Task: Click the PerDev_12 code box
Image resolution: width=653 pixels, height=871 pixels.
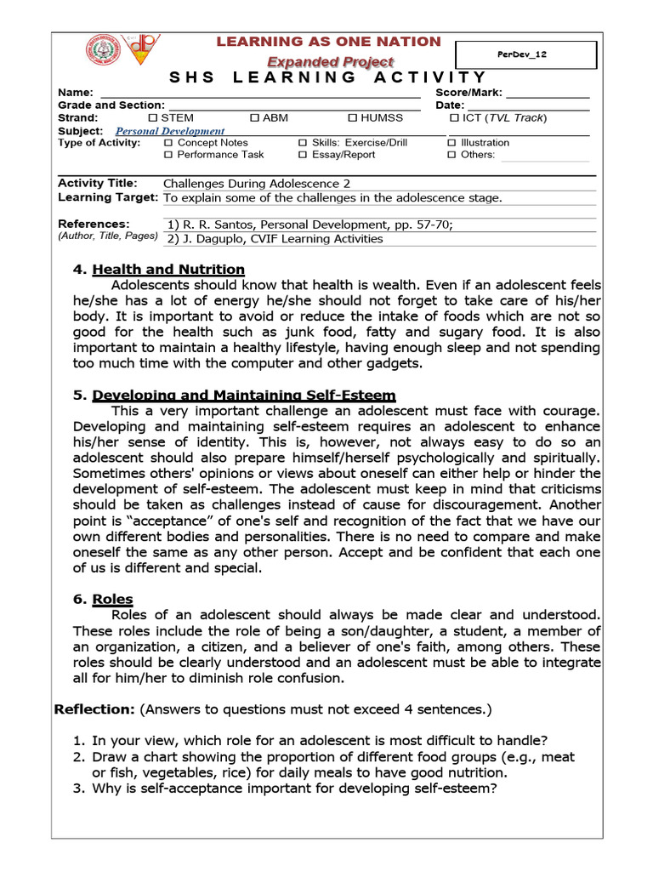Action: tap(526, 54)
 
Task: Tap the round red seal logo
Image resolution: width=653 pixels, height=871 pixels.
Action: tap(102, 50)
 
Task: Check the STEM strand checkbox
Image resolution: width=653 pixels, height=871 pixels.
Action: tap(153, 117)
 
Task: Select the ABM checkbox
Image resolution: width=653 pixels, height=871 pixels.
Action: tap(254, 117)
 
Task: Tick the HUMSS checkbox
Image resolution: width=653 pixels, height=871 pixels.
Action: tap(352, 117)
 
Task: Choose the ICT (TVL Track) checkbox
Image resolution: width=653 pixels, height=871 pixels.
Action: tap(454, 117)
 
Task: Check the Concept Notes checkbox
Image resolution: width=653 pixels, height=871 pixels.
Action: tap(167, 143)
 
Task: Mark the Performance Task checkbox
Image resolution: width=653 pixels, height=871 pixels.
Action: tap(167, 155)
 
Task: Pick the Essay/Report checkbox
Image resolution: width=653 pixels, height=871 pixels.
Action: tap(303, 155)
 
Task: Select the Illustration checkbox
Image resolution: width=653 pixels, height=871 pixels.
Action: tap(451, 143)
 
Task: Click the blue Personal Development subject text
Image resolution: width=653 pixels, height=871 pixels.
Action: tap(170, 131)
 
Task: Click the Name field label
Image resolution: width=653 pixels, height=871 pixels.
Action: tap(75, 93)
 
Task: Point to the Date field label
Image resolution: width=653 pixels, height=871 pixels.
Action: tap(450, 105)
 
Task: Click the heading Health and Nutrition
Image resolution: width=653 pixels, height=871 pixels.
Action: tap(168, 270)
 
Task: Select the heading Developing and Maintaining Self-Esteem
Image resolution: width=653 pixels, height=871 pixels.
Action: tap(243, 396)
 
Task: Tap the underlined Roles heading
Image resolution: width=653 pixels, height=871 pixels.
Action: tap(112, 599)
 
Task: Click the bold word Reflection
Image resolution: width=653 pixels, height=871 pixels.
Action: tap(94, 709)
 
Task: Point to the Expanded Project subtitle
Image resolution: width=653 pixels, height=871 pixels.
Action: tap(330, 61)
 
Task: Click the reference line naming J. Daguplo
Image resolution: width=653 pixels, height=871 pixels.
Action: tap(275, 239)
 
